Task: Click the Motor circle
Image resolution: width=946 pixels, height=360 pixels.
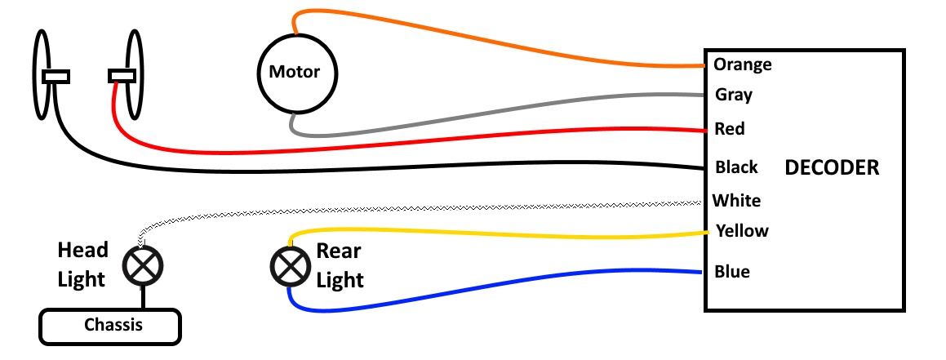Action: pyautogui.click(x=289, y=73)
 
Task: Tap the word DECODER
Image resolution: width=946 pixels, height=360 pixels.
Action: pyautogui.click(x=832, y=169)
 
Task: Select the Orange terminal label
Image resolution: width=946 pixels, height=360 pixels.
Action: pyautogui.click(x=742, y=64)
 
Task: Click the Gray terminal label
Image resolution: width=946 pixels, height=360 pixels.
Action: pyautogui.click(x=733, y=95)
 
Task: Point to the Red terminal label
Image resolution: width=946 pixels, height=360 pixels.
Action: pyautogui.click(x=729, y=129)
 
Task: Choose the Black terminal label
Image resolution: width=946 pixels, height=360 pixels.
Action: pyautogui.click(x=736, y=167)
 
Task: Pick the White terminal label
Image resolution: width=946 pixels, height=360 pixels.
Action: pyautogui.click(x=736, y=200)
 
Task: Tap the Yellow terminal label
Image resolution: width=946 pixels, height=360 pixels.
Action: pyautogui.click(x=741, y=230)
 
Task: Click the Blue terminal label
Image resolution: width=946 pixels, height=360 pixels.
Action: pyautogui.click(x=732, y=271)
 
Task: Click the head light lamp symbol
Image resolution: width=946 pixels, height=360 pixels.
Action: pyautogui.click(x=143, y=264)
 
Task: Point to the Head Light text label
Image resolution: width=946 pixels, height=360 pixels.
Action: pyautogui.click(x=82, y=264)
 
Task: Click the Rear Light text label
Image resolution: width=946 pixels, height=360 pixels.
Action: pyautogui.click(x=340, y=264)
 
